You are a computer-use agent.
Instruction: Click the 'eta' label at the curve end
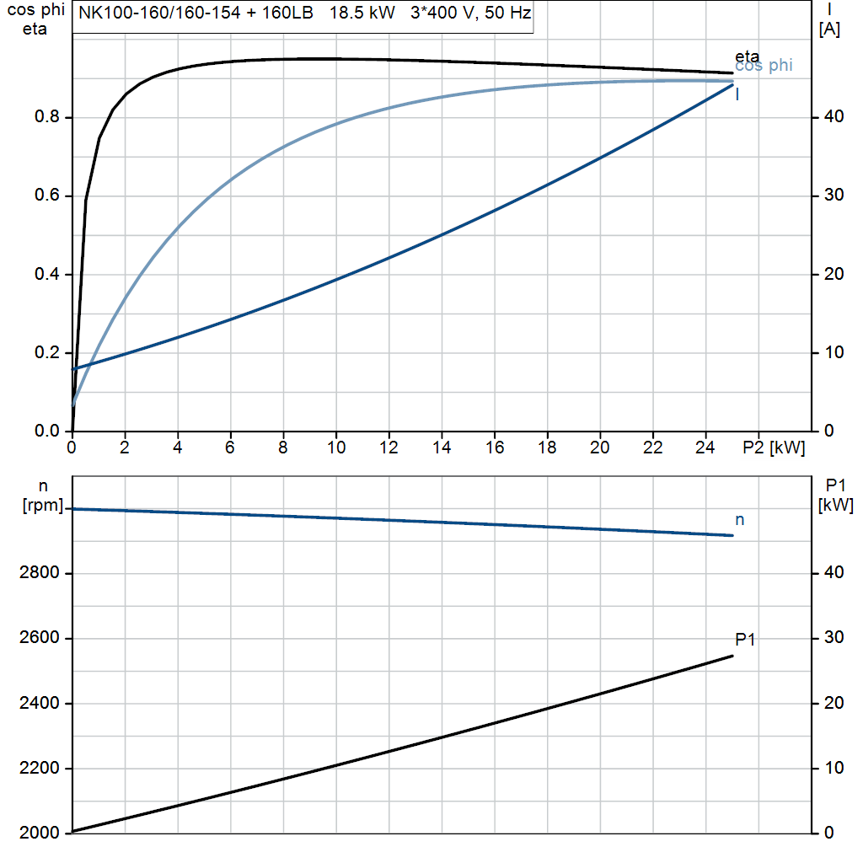click(x=747, y=56)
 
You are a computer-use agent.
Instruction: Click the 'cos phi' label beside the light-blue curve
click(x=764, y=66)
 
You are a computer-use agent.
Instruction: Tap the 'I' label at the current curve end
click(x=737, y=94)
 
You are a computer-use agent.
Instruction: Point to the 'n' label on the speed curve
click(x=740, y=520)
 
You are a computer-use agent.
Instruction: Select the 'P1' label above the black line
click(x=745, y=640)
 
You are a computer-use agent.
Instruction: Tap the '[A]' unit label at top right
click(x=829, y=29)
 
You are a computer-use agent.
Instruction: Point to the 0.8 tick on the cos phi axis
click(x=46, y=117)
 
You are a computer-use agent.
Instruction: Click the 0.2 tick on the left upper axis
click(x=46, y=353)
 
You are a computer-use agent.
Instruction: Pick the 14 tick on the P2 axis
click(x=442, y=448)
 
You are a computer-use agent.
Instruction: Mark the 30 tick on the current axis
click(x=832, y=195)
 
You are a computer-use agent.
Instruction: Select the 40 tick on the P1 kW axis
click(x=831, y=573)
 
